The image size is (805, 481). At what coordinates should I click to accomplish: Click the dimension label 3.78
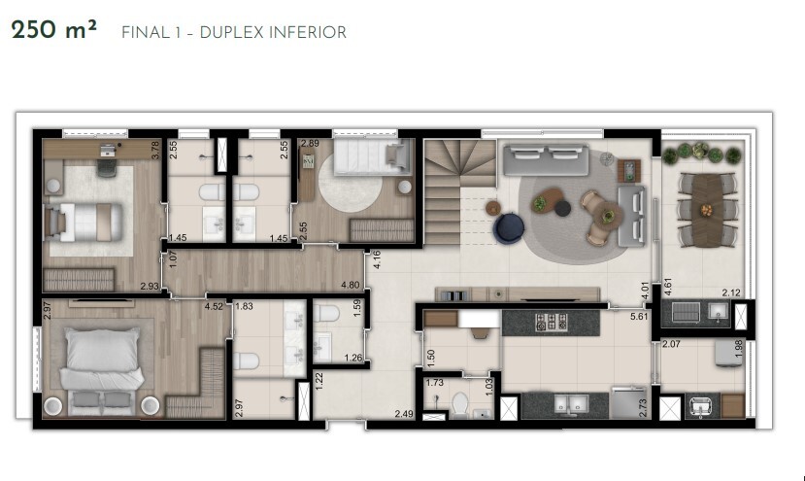[x=155, y=151]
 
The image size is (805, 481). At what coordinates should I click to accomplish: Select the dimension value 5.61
[x=638, y=317]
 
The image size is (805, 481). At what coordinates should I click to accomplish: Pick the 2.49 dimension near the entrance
[x=403, y=415]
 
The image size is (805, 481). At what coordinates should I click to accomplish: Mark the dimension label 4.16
[x=375, y=260]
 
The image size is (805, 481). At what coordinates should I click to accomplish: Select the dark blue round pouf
[x=509, y=228]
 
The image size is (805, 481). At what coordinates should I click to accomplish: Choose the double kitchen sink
[x=567, y=406]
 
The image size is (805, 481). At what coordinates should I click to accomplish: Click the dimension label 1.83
[x=244, y=306]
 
